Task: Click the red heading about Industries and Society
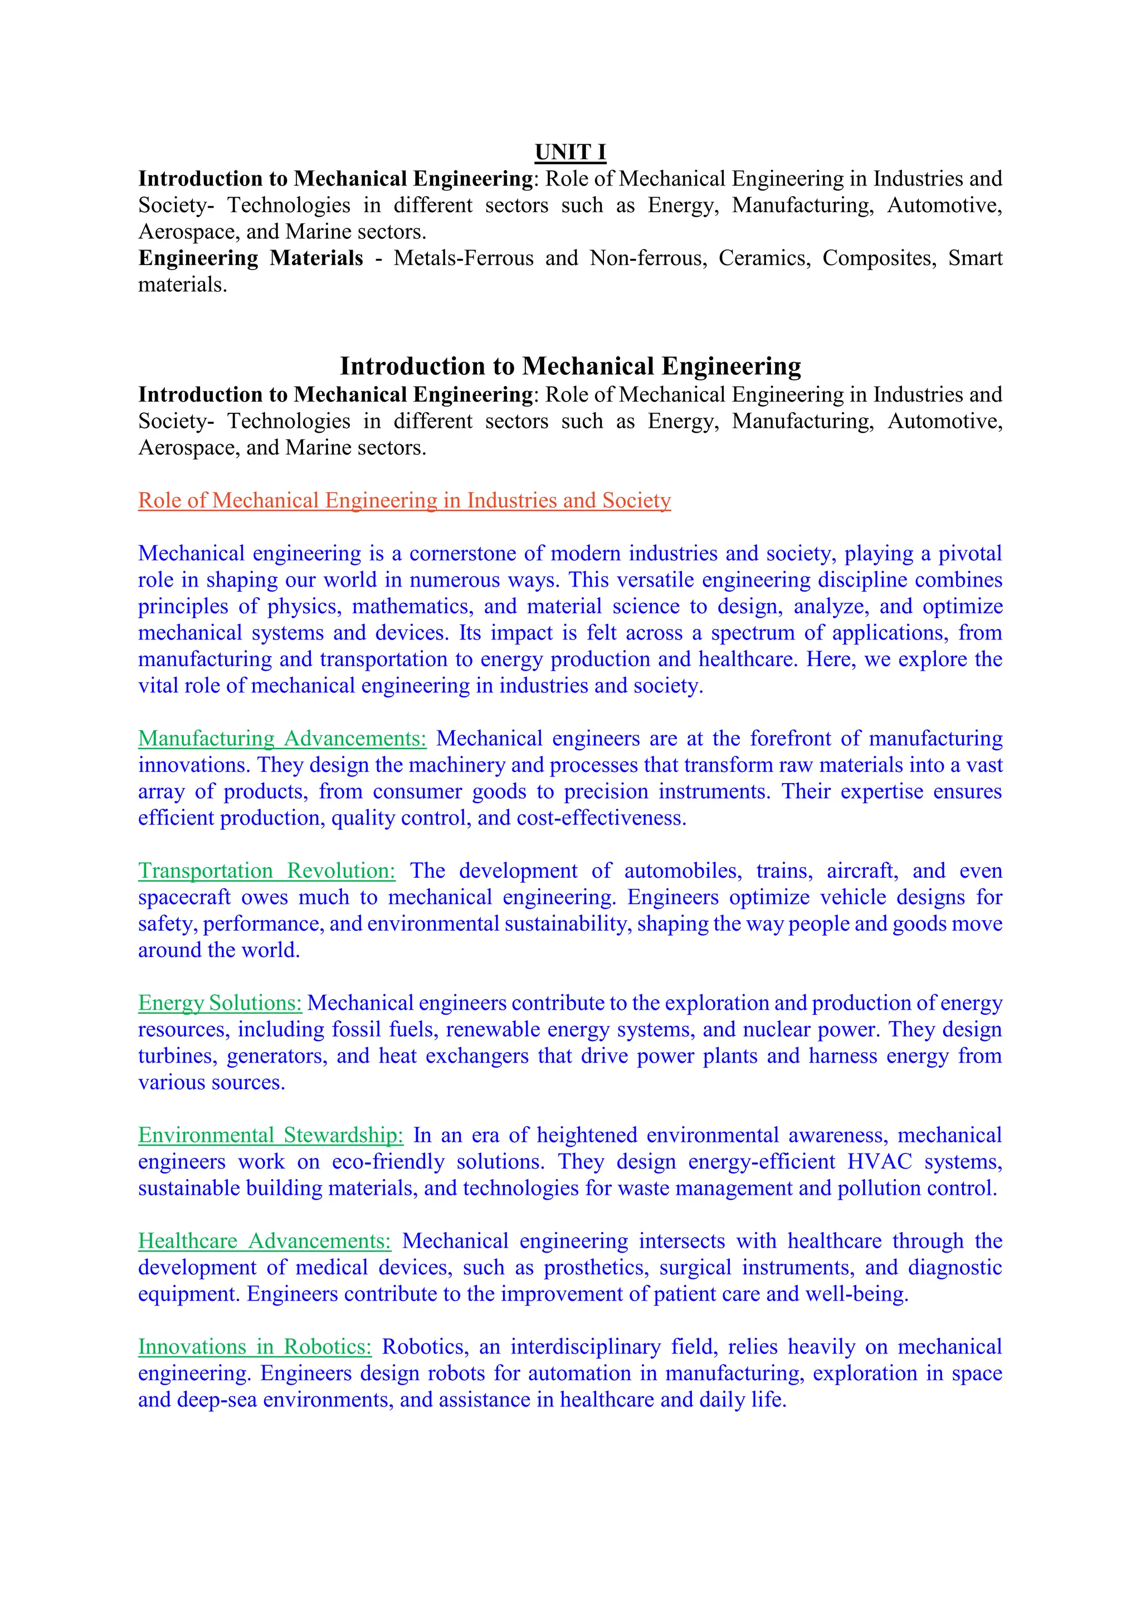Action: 404,500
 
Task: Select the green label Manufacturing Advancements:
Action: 282,739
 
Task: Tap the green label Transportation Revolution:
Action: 267,871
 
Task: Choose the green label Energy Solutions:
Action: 220,1003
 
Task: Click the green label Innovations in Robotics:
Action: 255,1347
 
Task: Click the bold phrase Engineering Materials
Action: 251,258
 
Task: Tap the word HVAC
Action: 880,1161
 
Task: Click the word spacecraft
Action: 184,897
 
